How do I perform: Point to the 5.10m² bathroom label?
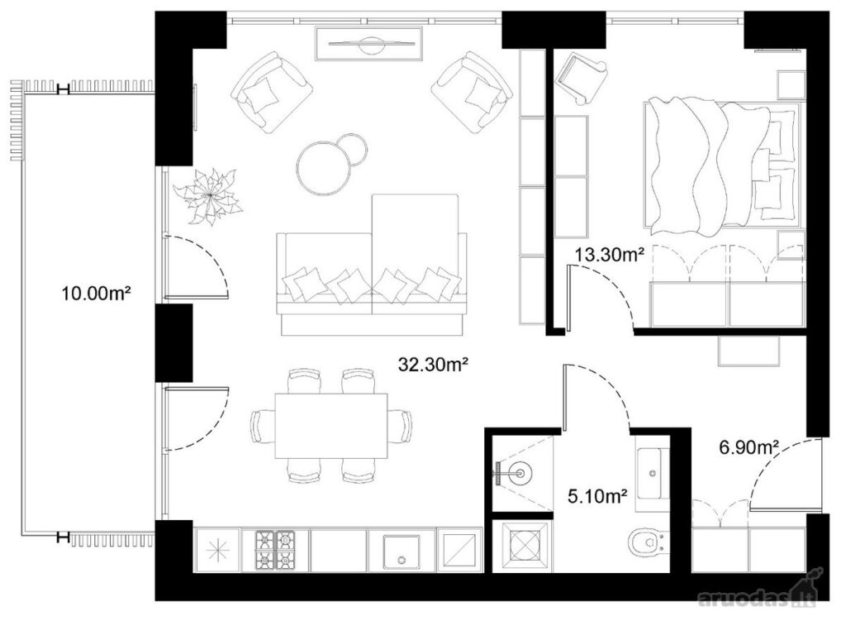pos(597,495)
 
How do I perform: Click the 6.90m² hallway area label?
pos(749,447)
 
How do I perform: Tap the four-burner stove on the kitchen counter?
pos(276,551)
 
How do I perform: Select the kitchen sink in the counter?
pos(401,552)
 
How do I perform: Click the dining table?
pos(331,426)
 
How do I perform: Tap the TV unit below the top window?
pos(368,45)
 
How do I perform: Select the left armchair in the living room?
pos(271,92)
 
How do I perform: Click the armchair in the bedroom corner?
pos(582,77)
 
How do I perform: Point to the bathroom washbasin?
pos(653,474)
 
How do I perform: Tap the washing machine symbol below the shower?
pos(523,546)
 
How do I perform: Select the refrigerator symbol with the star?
pos(217,551)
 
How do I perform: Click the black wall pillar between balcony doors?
pos(173,343)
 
